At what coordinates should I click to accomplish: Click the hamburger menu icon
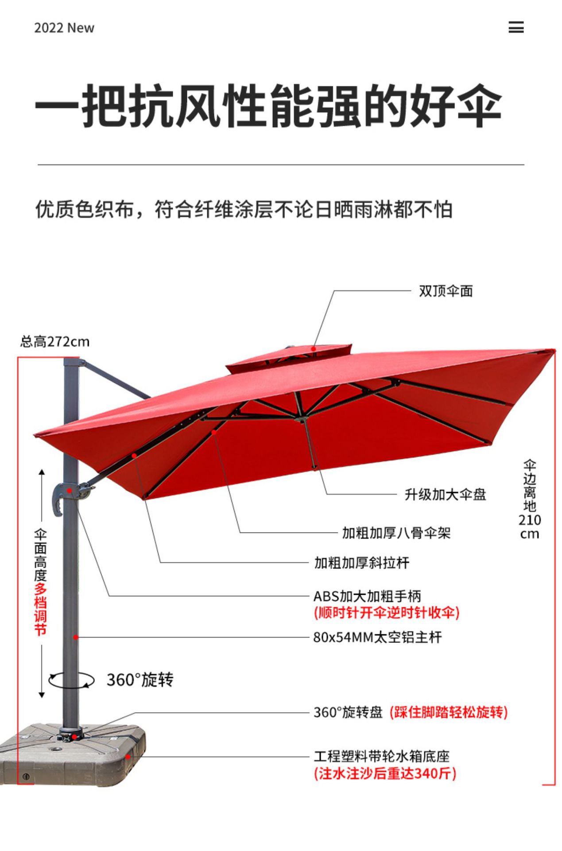pyautogui.click(x=516, y=27)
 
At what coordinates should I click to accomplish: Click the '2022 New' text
pyautogui.click(x=64, y=28)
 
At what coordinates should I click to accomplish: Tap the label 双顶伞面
pyautogui.click(x=446, y=291)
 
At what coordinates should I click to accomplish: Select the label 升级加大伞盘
pyautogui.click(x=445, y=494)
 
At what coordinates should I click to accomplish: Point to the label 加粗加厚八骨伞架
pyautogui.click(x=396, y=533)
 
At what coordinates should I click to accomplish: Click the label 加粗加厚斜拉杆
pyautogui.click(x=362, y=563)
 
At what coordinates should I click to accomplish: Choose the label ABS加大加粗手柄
pyautogui.click(x=367, y=596)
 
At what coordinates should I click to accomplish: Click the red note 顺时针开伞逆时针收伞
pyautogui.click(x=387, y=613)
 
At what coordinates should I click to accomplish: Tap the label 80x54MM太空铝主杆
pyautogui.click(x=377, y=637)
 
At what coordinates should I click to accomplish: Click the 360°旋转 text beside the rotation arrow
pyautogui.click(x=140, y=680)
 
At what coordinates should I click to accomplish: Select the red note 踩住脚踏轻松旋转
pyautogui.click(x=449, y=712)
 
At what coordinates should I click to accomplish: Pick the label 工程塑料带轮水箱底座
pyautogui.click(x=382, y=756)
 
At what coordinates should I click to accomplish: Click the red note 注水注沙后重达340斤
pyautogui.click(x=385, y=773)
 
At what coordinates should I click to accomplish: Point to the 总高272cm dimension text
pyautogui.click(x=55, y=342)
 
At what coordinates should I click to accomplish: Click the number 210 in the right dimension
pyautogui.click(x=530, y=520)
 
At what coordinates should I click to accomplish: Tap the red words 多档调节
pyautogui.click(x=40, y=609)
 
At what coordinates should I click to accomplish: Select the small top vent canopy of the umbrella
pyautogui.click(x=289, y=357)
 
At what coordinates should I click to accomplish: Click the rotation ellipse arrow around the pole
pyautogui.click(x=71, y=680)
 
